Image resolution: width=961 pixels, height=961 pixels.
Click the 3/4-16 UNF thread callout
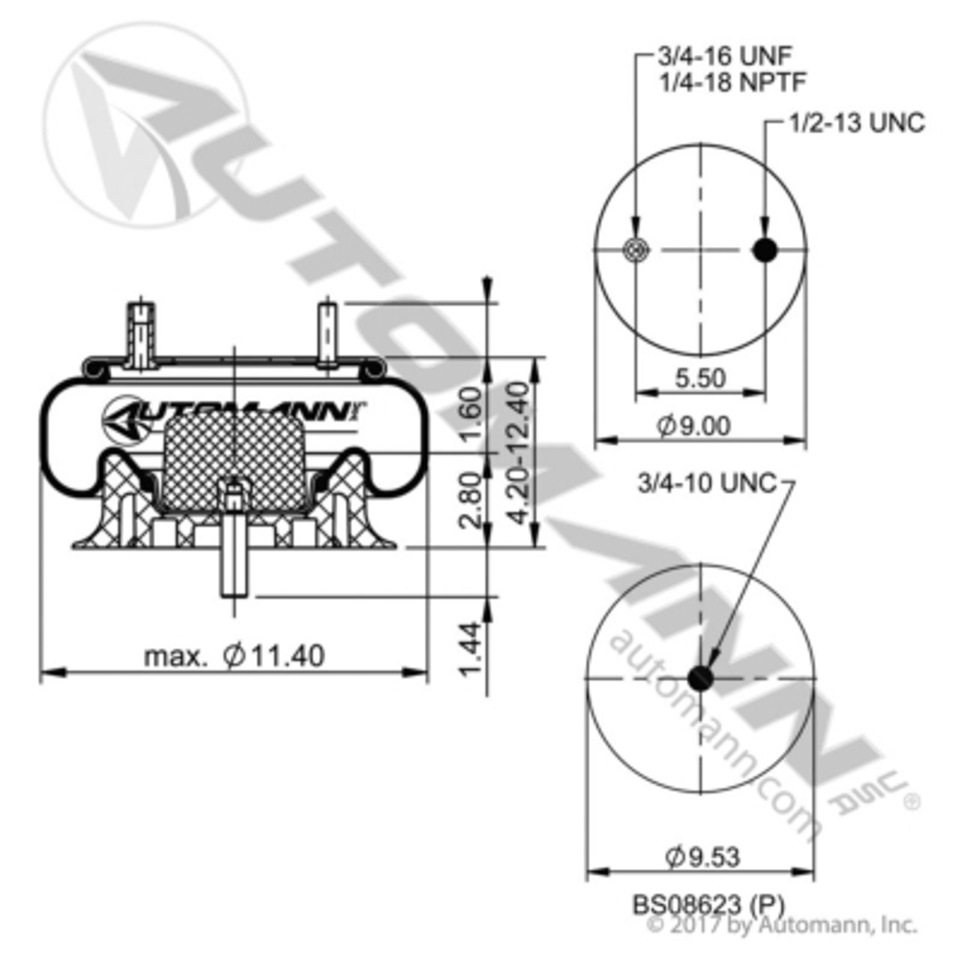point(725,56)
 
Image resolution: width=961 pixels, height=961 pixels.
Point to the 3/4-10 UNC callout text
point(706,484)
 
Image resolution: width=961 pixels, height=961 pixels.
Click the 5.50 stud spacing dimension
point(700,378)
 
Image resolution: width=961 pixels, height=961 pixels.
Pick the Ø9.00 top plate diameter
point(694,426)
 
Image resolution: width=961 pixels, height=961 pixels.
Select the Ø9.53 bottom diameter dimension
point(702,857)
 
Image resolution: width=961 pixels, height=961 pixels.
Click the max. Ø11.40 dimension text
point(234,656)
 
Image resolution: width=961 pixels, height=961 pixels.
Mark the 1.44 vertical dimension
point(469,647)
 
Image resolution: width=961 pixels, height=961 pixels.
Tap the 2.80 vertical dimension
point(469,500)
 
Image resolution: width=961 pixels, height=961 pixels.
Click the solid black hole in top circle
point(765,250)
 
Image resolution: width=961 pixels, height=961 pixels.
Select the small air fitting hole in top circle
point(636,250)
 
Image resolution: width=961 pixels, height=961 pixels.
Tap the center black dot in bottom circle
point(700,678)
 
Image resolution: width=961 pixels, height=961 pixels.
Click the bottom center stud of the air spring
point(234,556)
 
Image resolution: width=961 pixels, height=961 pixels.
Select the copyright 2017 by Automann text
point(781,924)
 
